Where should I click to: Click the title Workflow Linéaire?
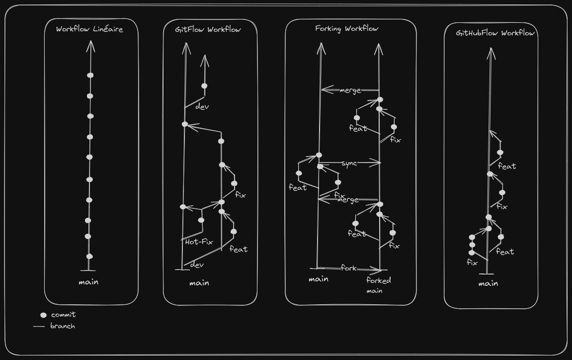[90, 29]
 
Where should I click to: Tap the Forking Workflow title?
[346, 28]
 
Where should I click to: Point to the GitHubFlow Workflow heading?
[495, 33]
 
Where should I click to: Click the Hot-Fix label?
[199, 241]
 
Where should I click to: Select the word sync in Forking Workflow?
[348, 163]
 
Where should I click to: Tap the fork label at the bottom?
[348, 268]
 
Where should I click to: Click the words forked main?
[378, 285]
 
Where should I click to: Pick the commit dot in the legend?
[43, 315]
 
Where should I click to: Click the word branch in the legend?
[63, 326]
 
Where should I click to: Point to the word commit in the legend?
[63, 315]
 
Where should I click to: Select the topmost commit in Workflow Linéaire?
[90, 75]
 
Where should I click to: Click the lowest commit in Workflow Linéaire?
[89, 256]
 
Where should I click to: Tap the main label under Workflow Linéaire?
[89, 282]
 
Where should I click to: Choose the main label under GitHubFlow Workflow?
[488, 283]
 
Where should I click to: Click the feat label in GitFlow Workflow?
[238, 250]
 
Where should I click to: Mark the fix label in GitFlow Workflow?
[240, 195]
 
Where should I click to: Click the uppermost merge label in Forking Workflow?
[350, 91]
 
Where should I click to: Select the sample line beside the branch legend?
[39, 326]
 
